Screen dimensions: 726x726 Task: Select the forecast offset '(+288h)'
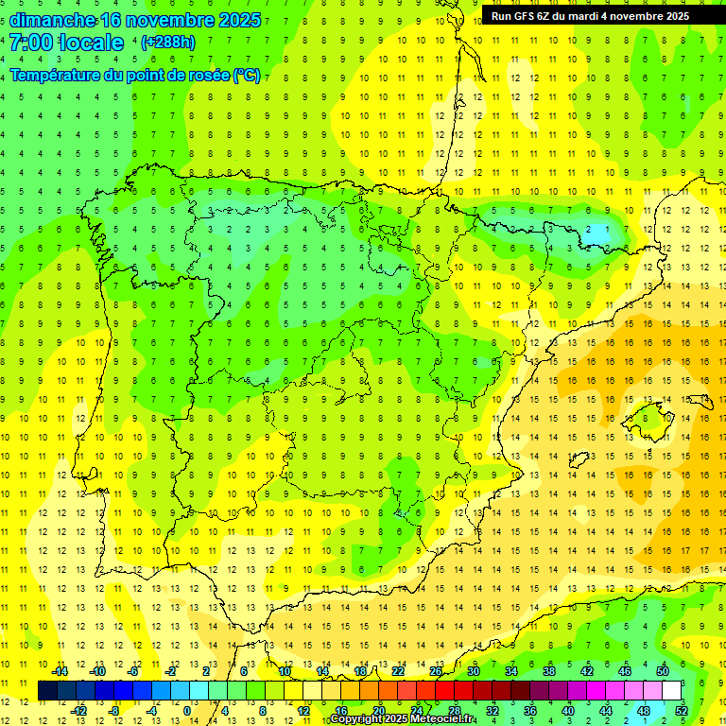[167, 43]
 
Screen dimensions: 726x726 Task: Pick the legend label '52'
[682, 711]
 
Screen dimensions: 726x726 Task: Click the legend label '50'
[663, 671]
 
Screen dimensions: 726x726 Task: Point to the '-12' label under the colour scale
[78, 711]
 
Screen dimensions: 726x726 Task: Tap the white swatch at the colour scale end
[671, 691]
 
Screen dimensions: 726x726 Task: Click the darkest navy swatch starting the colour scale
[47, 691]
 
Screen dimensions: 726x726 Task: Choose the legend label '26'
[436, 671]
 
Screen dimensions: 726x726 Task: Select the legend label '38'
[549, 671]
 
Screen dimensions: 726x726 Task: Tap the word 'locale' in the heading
[91, 43]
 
